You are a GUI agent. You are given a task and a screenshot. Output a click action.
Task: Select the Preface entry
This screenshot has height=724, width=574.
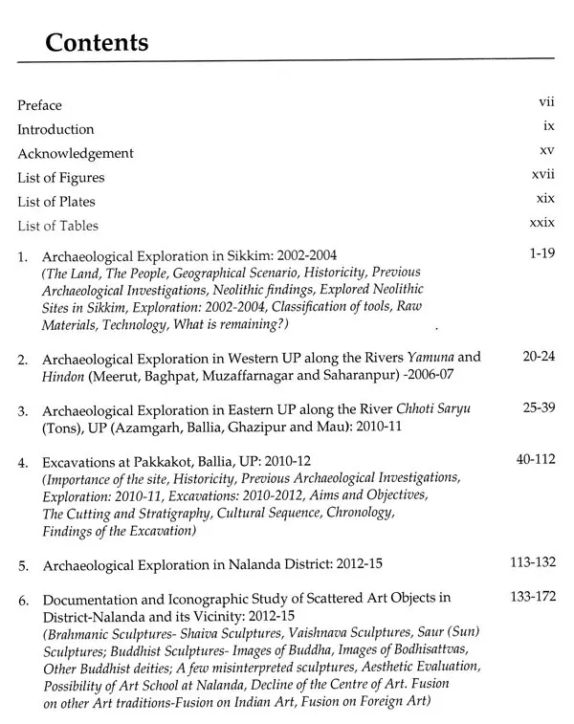(x=39, y=105)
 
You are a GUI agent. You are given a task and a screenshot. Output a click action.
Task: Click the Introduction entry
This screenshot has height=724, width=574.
(x=55, y=129)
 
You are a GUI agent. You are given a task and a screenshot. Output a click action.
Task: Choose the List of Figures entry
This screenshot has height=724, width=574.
(x=61, y=178)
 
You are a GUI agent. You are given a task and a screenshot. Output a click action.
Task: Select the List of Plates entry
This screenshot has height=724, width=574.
(x=58, y=202)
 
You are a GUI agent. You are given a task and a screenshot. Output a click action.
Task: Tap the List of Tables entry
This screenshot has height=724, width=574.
(x=58, y=227)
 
